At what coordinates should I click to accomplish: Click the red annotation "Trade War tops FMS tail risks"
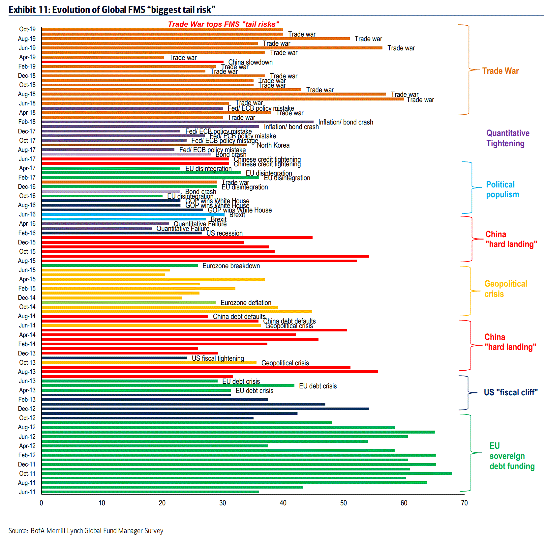coord(224,24)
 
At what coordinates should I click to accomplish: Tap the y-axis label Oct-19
coord(27,29)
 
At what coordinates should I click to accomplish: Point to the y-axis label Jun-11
coord(27,492)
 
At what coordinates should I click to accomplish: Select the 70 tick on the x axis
coord(464,503)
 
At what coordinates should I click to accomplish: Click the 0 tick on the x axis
coord(41,503)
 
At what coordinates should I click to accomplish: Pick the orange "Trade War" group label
coord(500,71)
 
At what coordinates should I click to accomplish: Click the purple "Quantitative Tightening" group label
coord(508,138)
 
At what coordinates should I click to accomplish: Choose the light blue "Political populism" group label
coord(502,189)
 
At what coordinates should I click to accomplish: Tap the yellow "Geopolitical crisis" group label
coord(505,289)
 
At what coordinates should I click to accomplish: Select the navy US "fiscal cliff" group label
coord(510,392)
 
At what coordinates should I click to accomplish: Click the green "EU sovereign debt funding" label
coord(512,456)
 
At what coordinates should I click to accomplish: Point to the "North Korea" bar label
coord(273,145)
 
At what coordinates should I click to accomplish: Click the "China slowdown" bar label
coord(250,62)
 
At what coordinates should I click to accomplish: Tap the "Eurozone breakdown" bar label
coord(231,266)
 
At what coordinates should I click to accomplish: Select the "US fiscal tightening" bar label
coord(218,358)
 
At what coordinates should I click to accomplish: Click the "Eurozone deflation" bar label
coord(246,303)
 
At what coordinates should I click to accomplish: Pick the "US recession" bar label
coord(225,233)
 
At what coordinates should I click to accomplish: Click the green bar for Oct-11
coord(247,473)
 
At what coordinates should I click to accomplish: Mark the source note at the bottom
coord(86,531)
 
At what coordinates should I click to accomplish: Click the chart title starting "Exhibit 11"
coord(112,10)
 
